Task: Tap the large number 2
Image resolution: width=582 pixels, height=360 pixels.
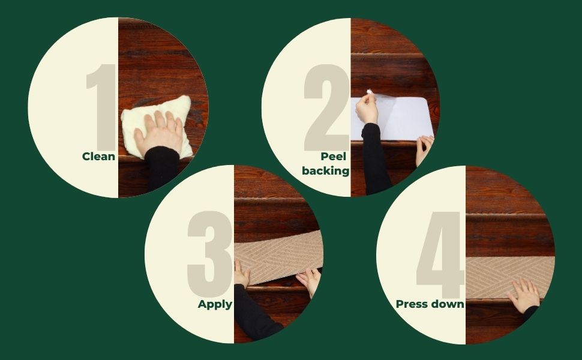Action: pos(326,107)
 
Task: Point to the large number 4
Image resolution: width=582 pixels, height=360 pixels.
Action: pos(441,256)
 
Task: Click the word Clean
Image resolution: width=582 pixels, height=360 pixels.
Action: pos(98,156)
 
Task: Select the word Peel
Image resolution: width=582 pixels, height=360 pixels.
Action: pos(334,156)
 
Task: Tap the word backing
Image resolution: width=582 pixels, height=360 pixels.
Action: pos(326,171)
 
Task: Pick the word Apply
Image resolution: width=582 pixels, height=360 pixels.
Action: pos(215,304)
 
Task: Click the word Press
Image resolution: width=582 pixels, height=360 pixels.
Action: pos(413,304)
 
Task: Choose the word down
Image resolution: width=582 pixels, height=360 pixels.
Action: pos(448,304)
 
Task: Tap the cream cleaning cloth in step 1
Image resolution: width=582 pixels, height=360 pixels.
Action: pos(156,126)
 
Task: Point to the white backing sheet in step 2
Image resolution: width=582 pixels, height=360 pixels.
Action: pos(394,118)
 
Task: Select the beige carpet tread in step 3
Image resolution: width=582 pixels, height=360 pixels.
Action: pos(279,257)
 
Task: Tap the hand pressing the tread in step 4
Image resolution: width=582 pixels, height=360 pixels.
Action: pos(524,296)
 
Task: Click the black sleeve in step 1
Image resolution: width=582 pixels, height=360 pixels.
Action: pos(161,169)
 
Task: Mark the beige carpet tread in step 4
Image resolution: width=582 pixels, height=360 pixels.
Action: pos(510,277)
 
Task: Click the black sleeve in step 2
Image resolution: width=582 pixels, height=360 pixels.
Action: pos(375,158)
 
